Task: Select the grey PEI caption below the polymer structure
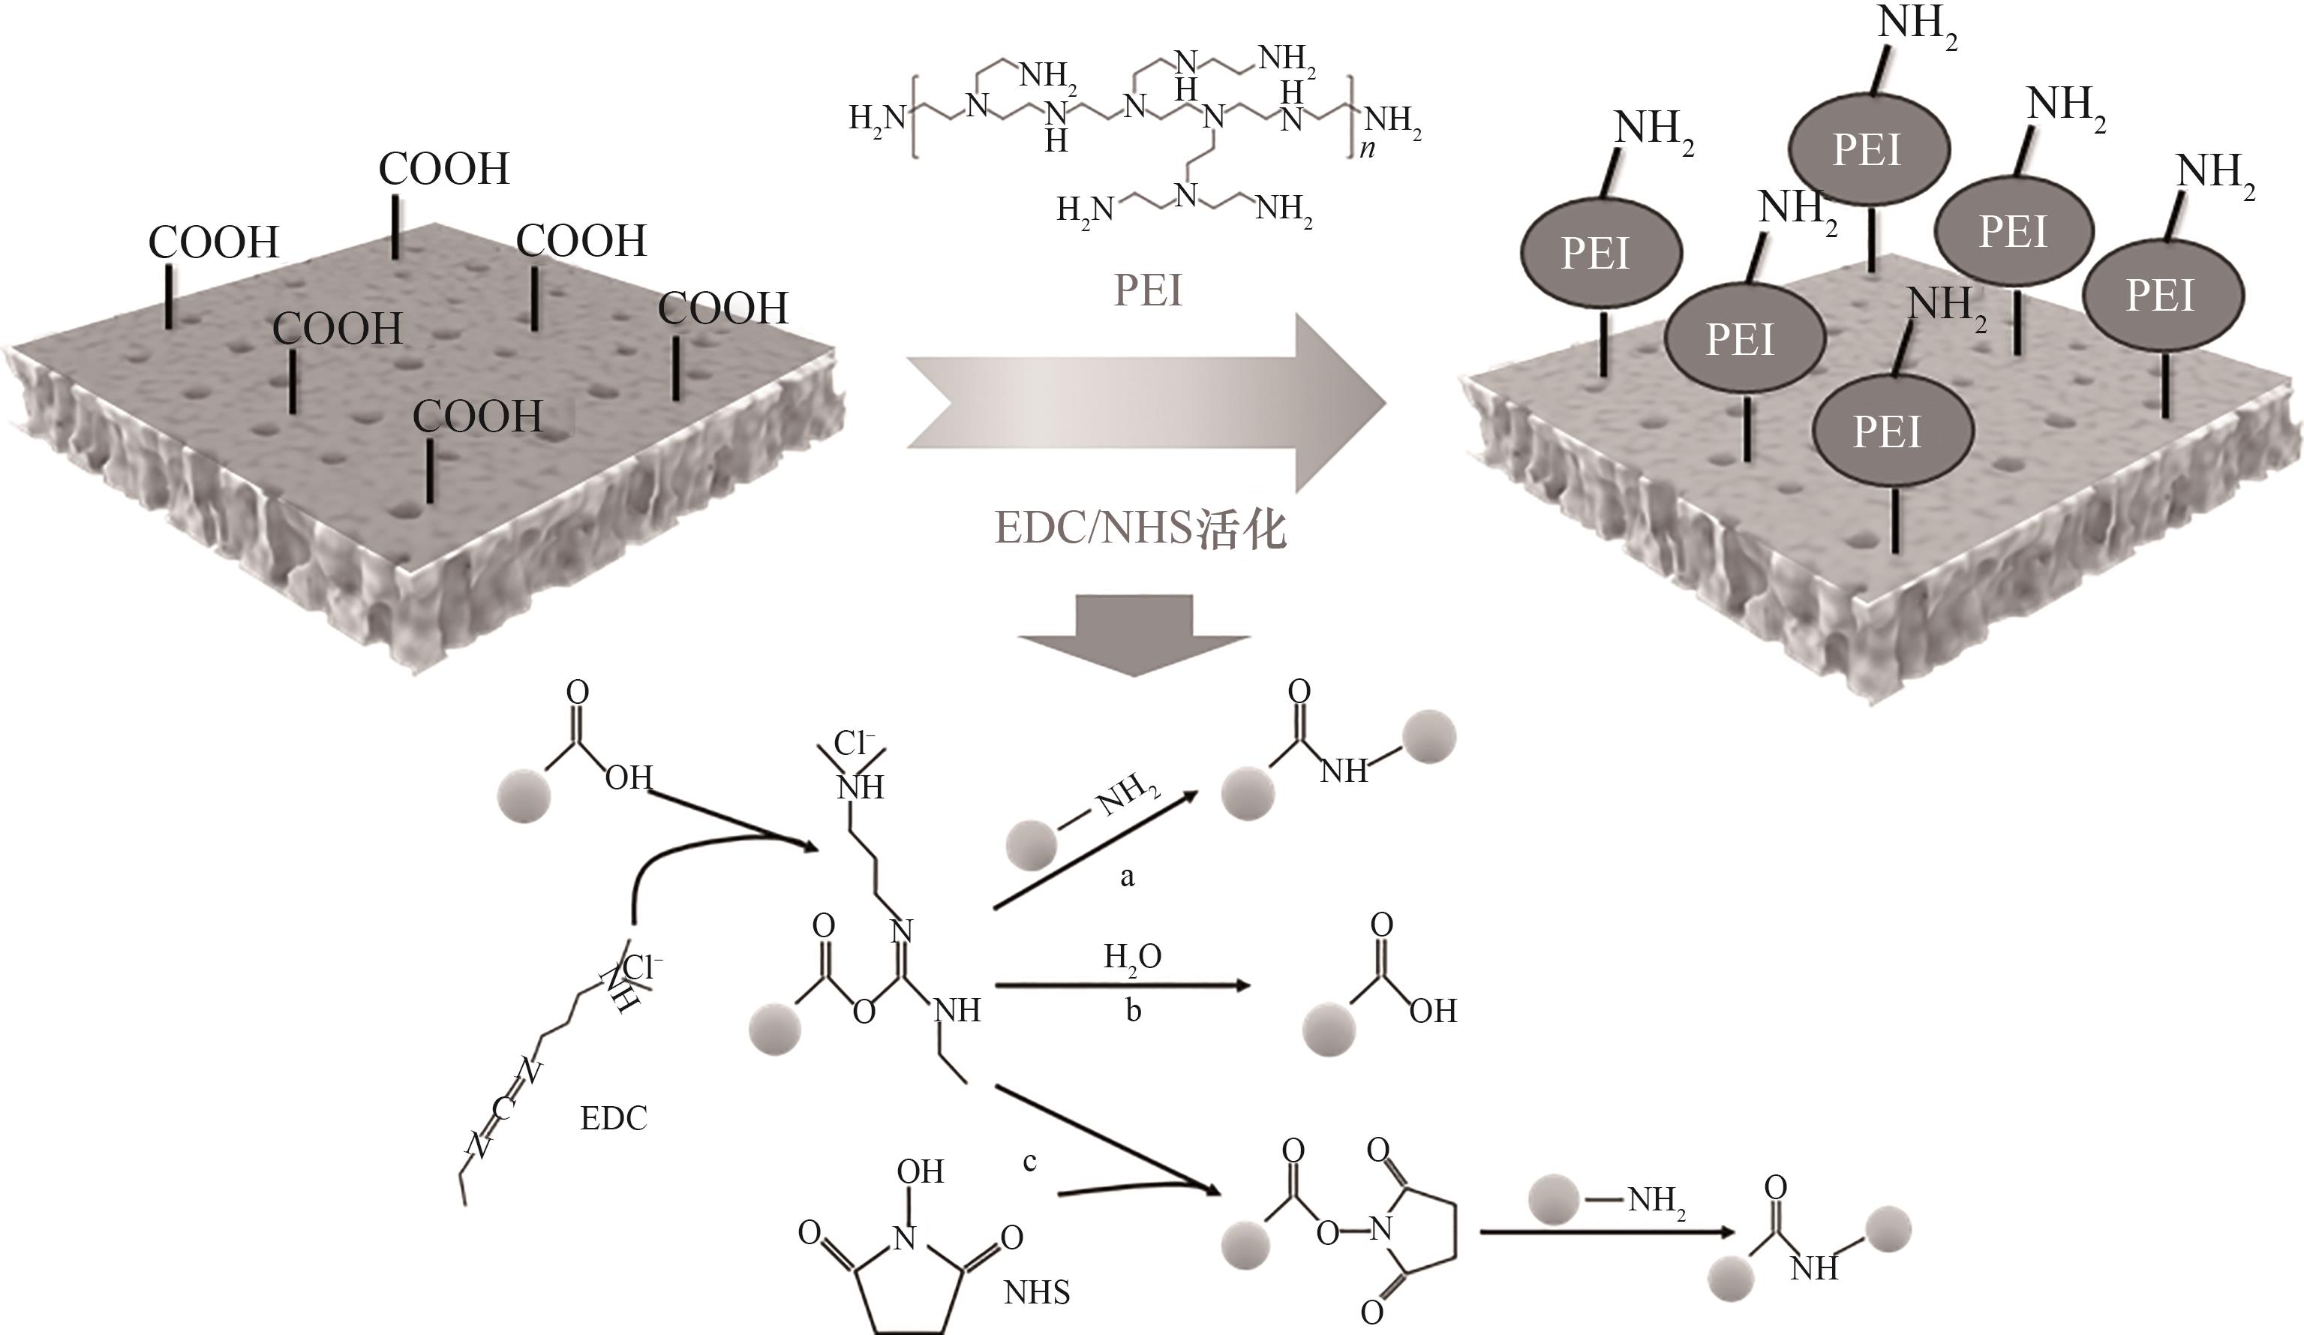pyautogui.click(x=1147, y=290)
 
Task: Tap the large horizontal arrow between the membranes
pyautogui.click(x=1143, y=402)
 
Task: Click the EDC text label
pyautogui.click(x=614, y=1117)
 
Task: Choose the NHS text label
pyautogui.click(x=1037, y=1292)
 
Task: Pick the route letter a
pyautogui.click(x=1128, y=877)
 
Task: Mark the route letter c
pyautogui.click(x=1029, y=1161)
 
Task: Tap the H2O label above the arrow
pyautogui.click(x=1132, y=958)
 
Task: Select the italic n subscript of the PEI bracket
pyautogui.click(x=1367, y=149)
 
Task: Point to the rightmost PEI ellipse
pyautogui.click(x=2162, y=296)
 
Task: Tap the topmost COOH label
pyautogui.click(x=443, y=169)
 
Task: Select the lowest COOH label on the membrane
pyautogui.click(x=477, y=417)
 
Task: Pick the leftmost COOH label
pyautogui.click(x=213, y=242)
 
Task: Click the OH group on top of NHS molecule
pyautogui.click(x=920, y=1171)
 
